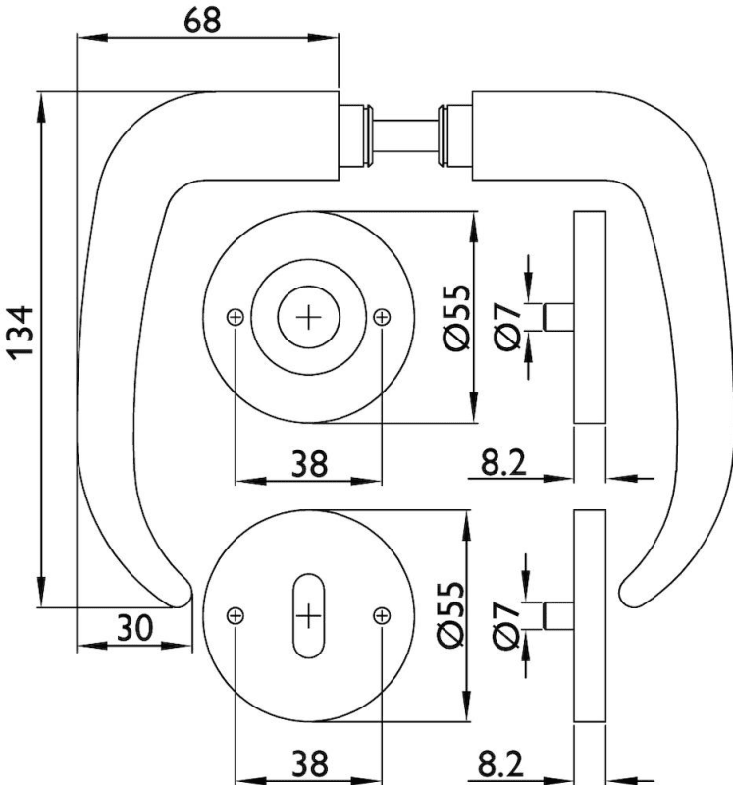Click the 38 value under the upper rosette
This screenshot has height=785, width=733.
309,463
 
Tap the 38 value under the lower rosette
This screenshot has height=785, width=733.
309,762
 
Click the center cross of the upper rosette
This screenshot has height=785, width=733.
308,317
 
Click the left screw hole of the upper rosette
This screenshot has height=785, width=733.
235,317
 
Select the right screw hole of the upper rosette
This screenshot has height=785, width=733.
382,317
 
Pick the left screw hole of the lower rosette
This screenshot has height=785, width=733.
235,615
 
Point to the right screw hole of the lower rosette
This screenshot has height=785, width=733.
382,615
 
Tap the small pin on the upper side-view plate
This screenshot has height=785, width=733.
558,318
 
